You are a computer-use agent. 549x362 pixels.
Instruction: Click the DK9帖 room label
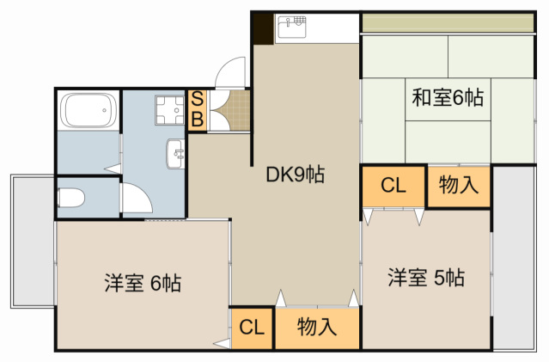click(295, 175)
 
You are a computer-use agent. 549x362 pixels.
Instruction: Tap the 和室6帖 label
click(447, 98)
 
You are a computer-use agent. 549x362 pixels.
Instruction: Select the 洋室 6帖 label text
click(142, 282)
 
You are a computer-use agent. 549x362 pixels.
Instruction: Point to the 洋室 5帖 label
click(426, 278)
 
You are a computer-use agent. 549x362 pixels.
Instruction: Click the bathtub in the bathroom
click(88, 111)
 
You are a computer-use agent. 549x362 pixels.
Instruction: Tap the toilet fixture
click(71, 199)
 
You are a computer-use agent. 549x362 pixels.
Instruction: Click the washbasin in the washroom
click(176, 156)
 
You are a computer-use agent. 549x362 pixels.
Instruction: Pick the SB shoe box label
click(197, 110)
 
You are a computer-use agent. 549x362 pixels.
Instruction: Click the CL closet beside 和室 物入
click(393, 185)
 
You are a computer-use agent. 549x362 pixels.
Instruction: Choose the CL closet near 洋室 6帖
click(251, 327)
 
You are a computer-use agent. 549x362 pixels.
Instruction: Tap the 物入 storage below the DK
click(316, 327)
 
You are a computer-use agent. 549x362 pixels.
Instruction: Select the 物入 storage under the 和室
click(458, 185)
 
